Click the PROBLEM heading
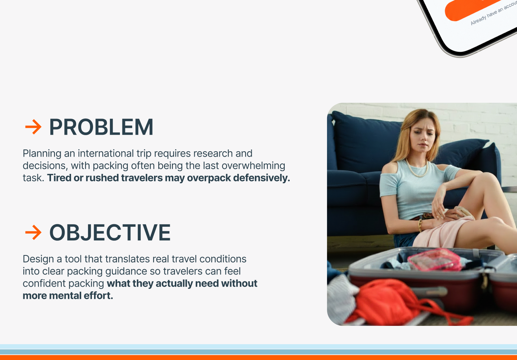(101, 127)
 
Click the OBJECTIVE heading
(110, 232)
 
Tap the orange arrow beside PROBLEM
(33, 127)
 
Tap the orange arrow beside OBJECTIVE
(33, 232)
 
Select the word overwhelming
(253, 166)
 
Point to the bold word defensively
(261, 178)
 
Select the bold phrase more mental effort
(68, 296)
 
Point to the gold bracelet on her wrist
(420, 225)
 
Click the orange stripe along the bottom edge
(258, 357)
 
